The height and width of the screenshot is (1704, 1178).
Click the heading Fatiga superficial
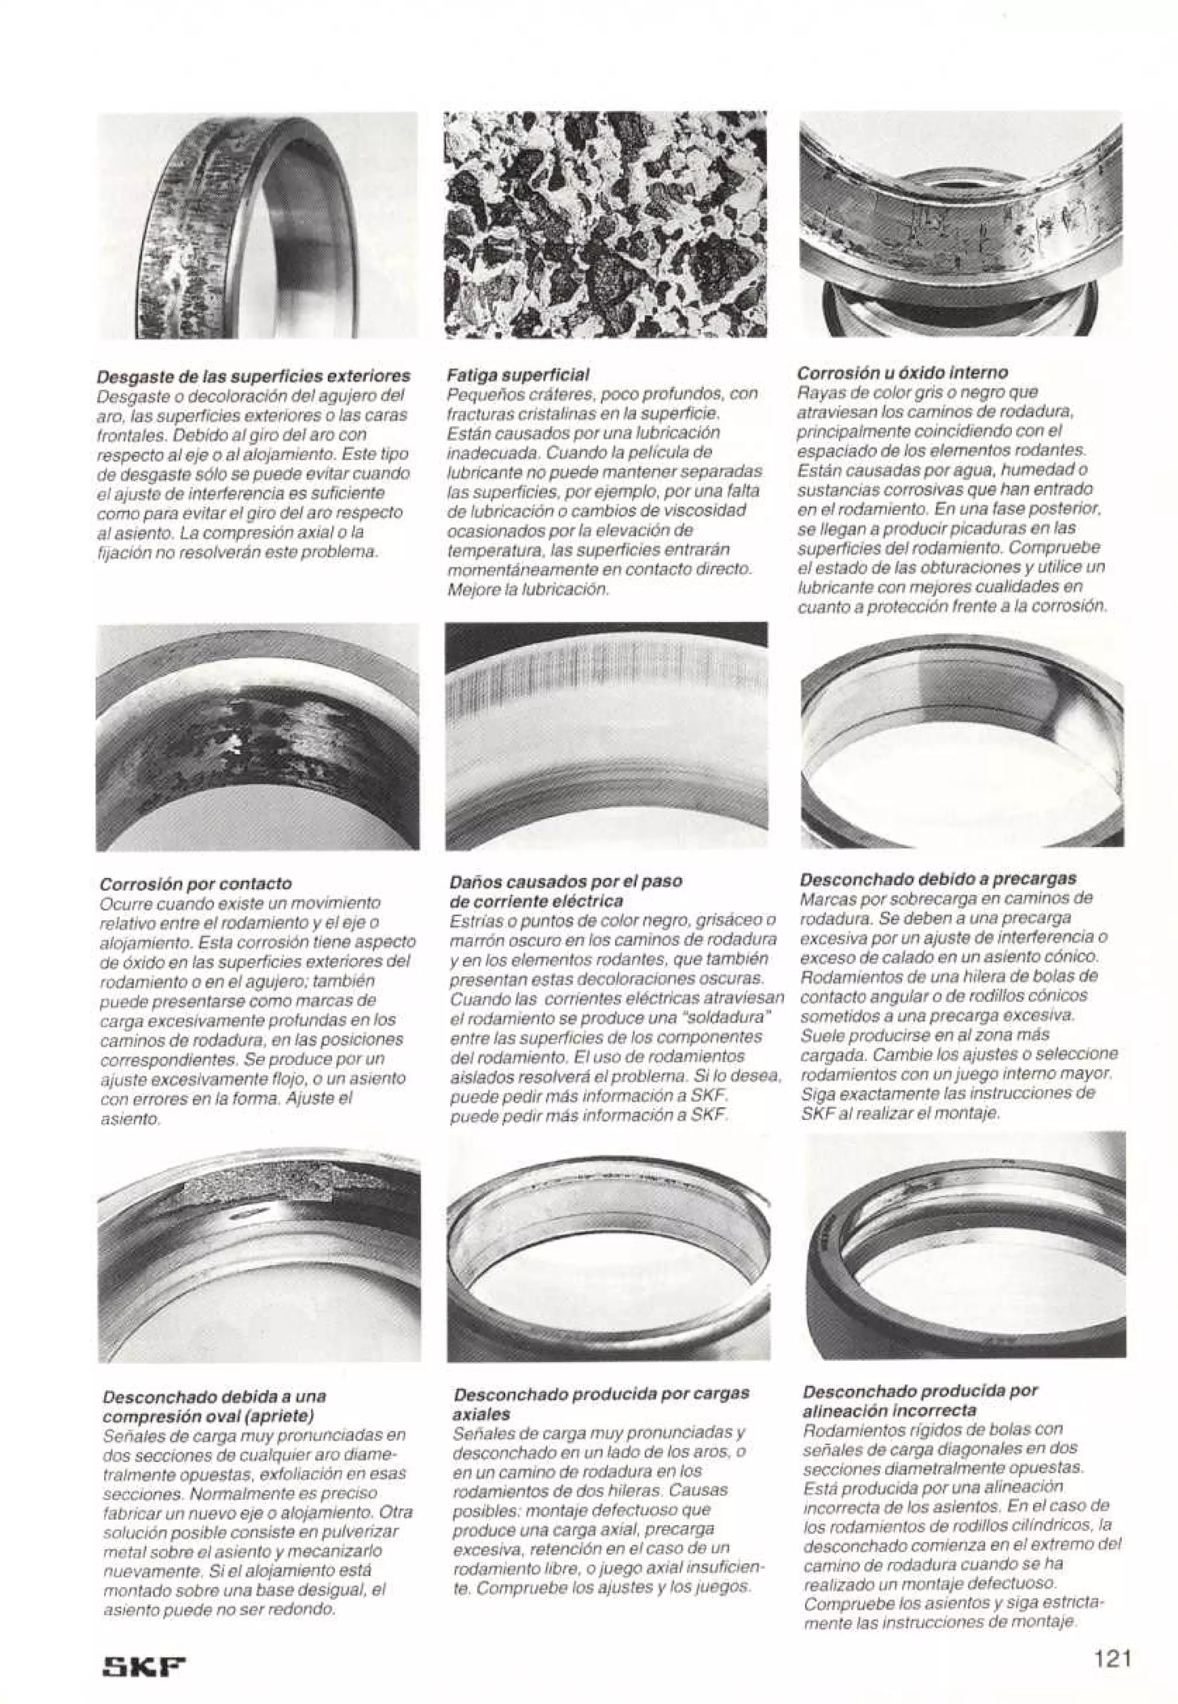[518, 374]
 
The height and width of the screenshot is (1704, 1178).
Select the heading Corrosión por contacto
[196, 883]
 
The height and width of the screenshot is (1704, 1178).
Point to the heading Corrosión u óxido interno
[904, 373]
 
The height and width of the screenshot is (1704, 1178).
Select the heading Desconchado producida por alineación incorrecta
[919, 1391]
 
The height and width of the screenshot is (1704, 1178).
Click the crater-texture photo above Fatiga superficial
[605, 224]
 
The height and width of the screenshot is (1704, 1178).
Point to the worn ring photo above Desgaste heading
[257, 225]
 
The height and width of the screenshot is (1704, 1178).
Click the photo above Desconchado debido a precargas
[961, 736]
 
